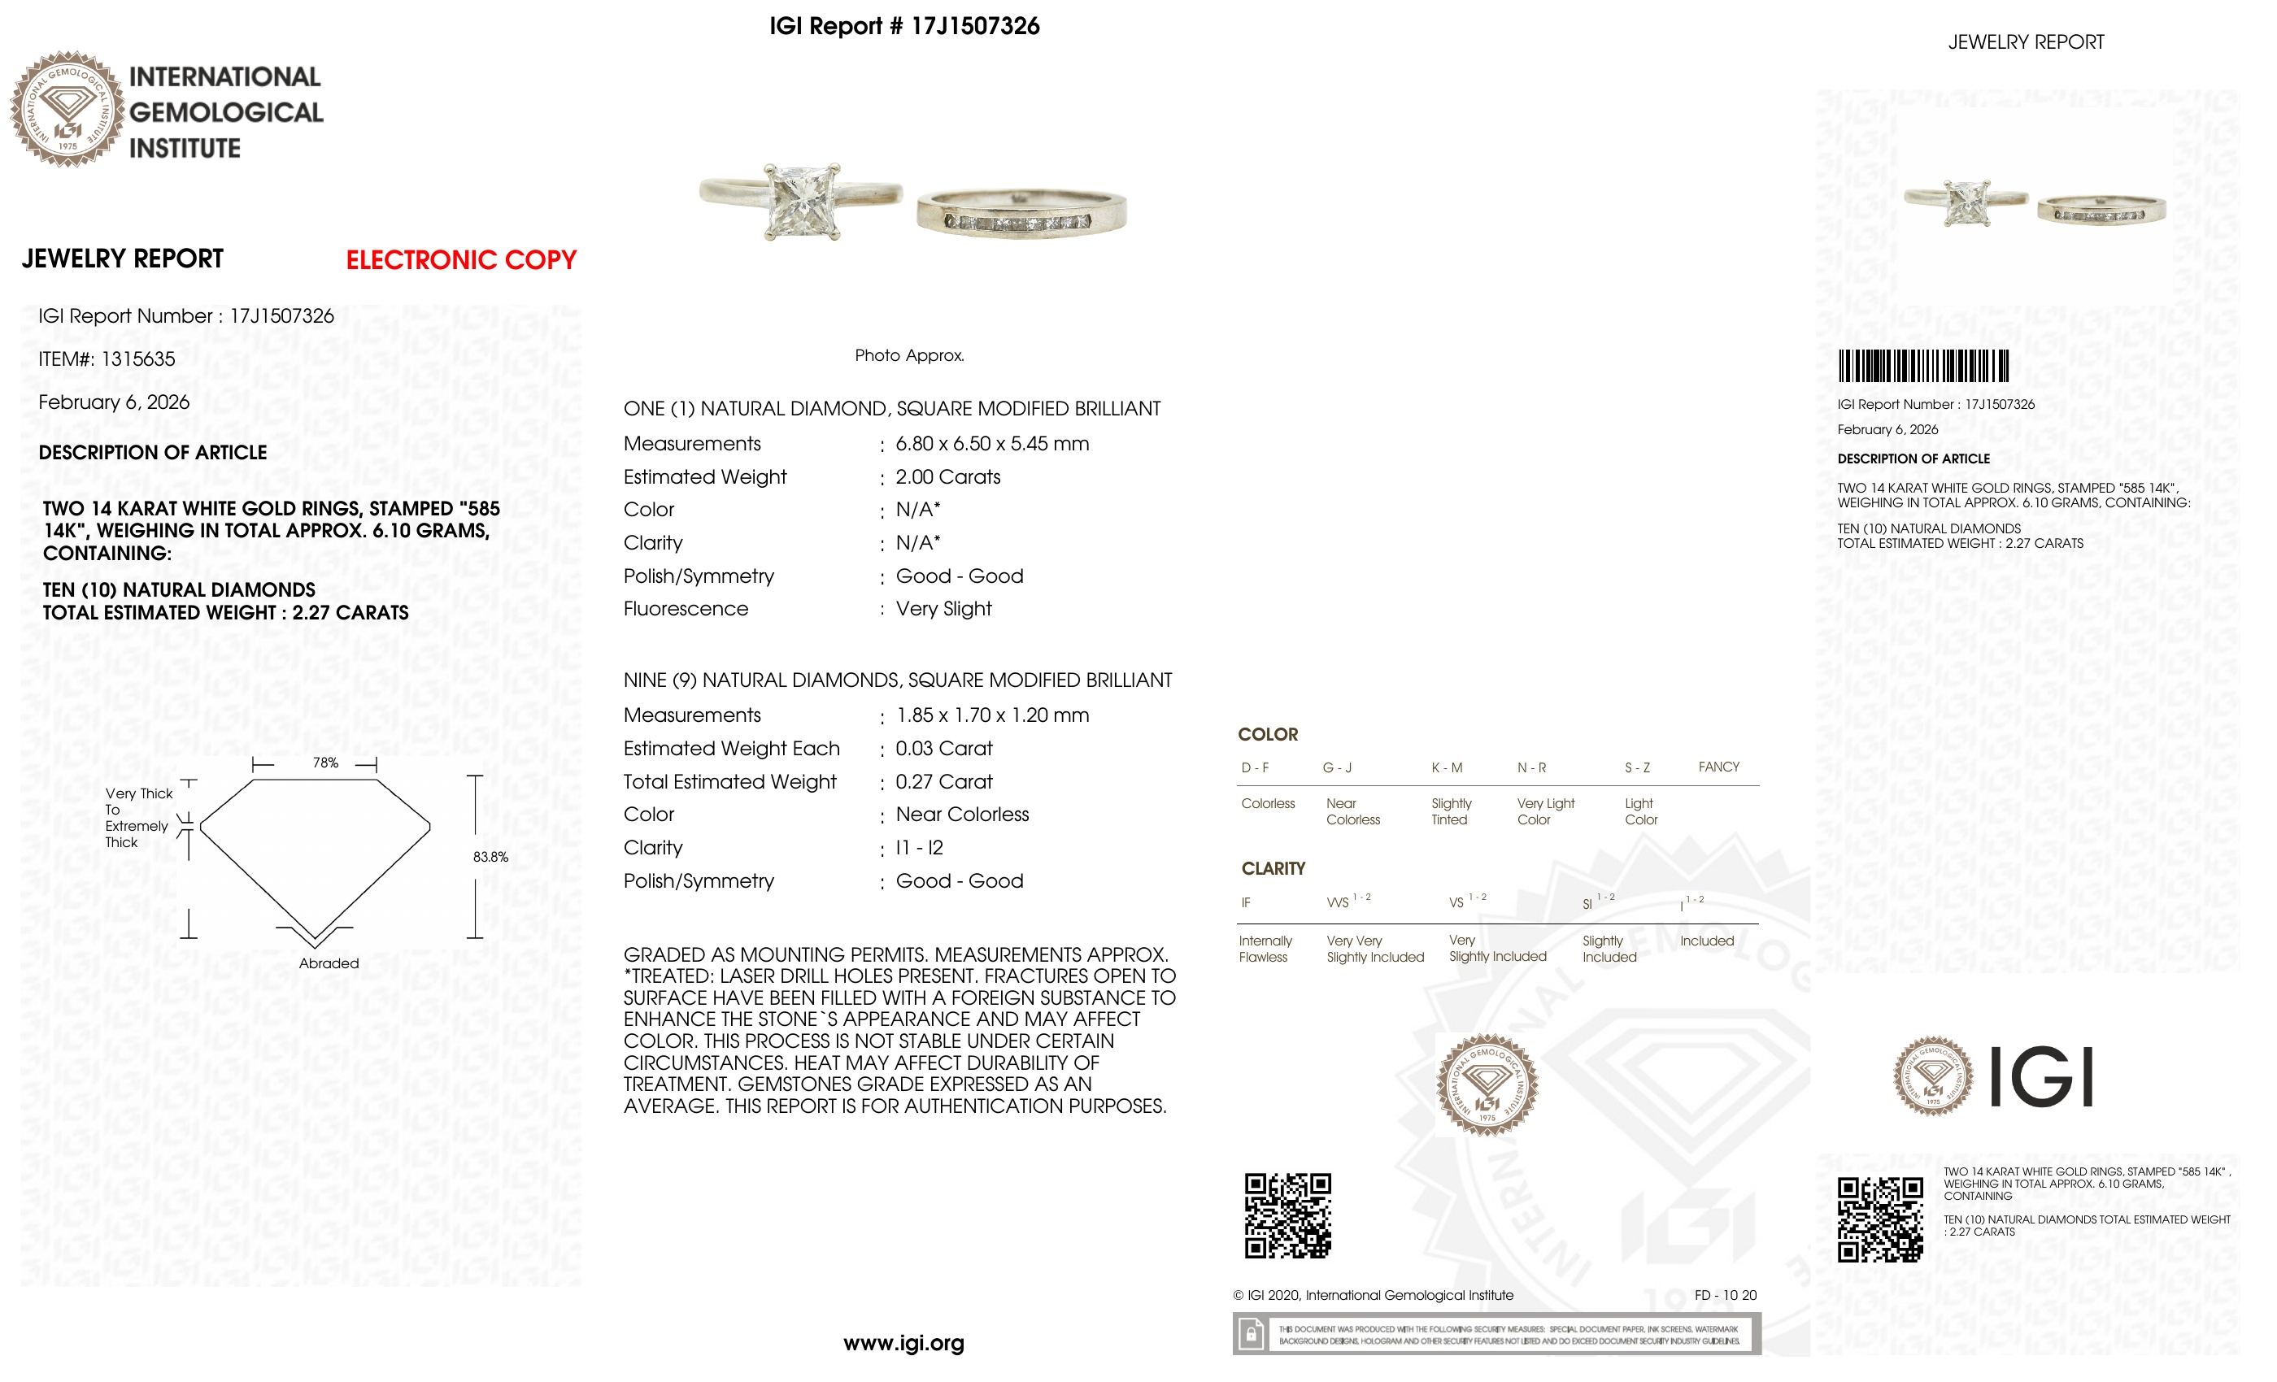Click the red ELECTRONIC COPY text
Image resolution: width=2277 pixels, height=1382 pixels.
[460, 260]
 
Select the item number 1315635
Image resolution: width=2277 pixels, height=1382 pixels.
[137, 359]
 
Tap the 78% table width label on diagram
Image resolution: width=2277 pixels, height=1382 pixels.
[325, 763]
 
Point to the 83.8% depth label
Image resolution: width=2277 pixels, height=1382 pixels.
[490, 858]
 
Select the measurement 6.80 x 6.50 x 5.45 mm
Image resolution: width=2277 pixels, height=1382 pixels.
[991, 445]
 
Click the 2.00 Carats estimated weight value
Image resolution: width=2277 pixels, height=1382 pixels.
[947, 478]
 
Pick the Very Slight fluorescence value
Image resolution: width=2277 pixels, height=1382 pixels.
[943, 609]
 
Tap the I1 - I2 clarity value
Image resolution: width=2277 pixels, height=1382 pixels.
[919, 848]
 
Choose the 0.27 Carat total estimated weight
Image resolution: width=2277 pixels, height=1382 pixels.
[943, 782]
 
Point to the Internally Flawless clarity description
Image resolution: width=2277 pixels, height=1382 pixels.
[1265, 950]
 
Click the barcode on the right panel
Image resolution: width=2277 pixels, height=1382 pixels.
[1922, 366]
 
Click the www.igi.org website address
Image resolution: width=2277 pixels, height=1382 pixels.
[903, 1344]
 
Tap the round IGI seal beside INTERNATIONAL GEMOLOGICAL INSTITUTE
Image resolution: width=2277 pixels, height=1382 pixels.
[67, 109]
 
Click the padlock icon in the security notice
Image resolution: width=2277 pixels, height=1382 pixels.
[1251, 1335]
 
